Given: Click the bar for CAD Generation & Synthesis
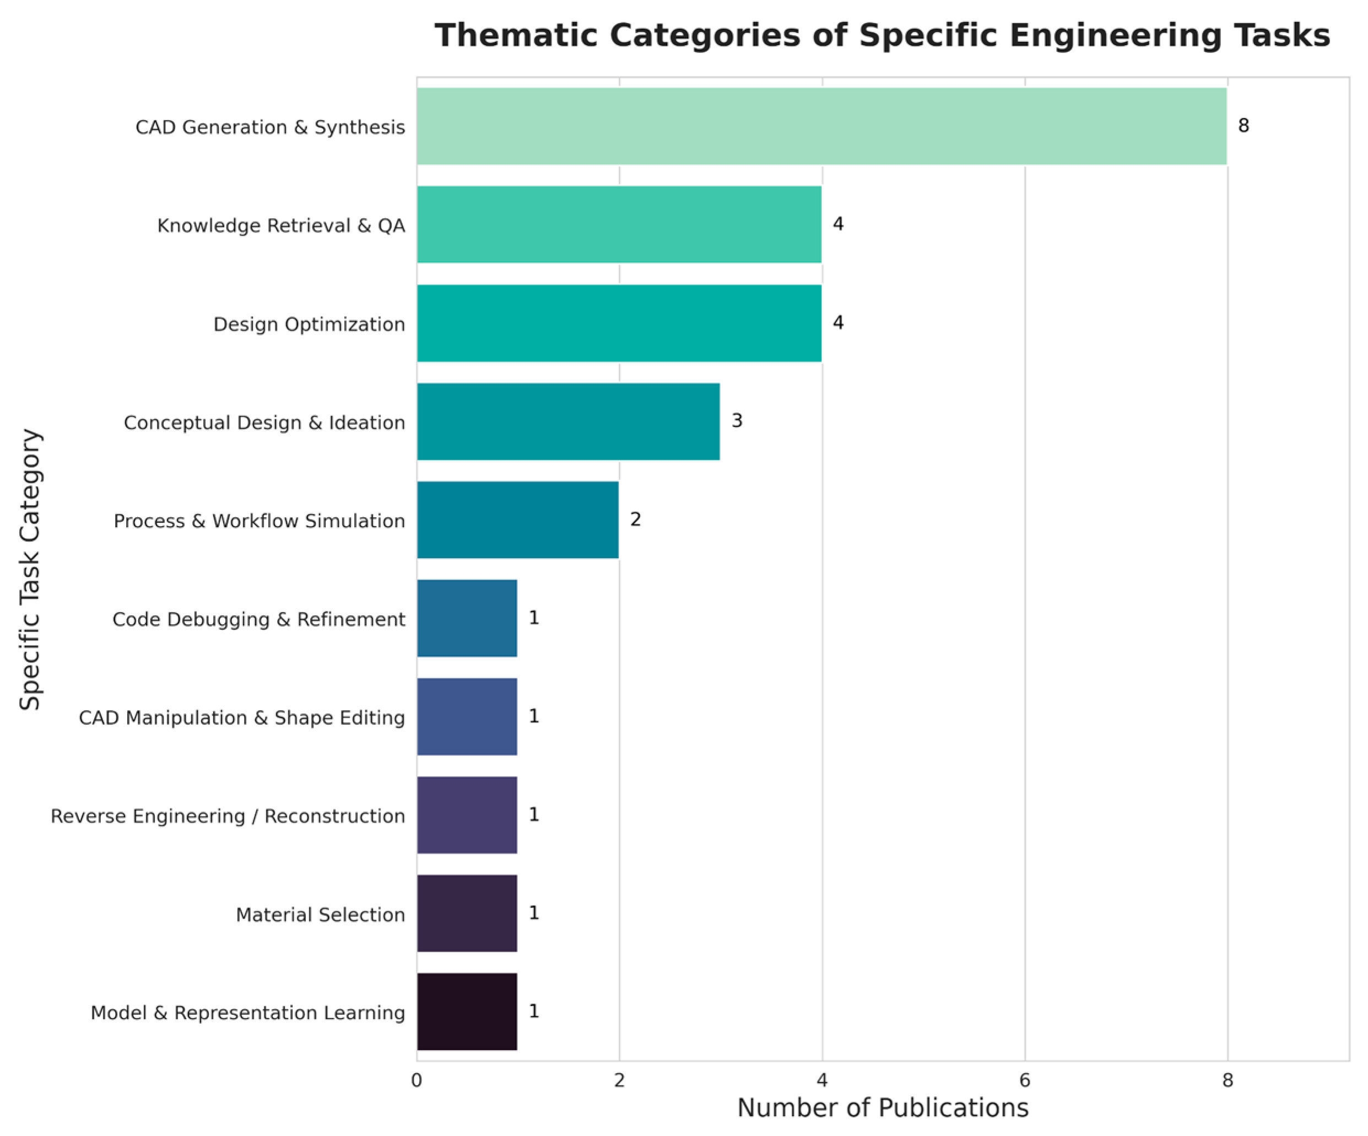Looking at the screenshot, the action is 821,126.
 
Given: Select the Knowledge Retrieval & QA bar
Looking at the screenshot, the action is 619,224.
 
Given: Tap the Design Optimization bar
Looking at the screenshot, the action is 619,323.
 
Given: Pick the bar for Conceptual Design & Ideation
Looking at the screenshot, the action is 568,421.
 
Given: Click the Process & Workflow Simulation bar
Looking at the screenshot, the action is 518,520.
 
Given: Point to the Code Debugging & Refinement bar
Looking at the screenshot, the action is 467,618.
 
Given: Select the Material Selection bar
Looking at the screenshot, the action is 467,913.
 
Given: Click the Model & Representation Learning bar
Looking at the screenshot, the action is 467,1011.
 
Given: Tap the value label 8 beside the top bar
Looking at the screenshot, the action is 1243,126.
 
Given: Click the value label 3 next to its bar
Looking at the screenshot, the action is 737,421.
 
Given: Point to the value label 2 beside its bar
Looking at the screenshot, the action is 635,519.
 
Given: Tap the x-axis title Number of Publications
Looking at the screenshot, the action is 883,1108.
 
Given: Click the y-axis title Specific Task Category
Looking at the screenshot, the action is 30,569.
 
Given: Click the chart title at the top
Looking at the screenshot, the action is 883,35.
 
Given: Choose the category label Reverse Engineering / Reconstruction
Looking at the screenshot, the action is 228,816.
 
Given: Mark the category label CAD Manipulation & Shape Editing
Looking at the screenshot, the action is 242,718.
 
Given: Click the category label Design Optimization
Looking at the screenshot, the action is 310,324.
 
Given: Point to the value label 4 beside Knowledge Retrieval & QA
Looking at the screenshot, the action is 839,224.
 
